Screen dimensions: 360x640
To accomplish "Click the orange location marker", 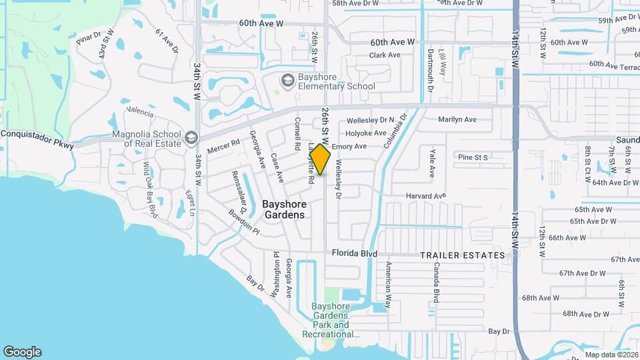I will tap(320, 160).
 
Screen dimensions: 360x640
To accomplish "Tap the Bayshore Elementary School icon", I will tap(288, 81).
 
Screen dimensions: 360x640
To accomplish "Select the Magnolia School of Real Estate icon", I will tap(191, 137).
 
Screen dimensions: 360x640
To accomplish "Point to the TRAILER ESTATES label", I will tap(462, 255).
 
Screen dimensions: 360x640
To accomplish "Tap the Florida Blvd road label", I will tap(355, 254).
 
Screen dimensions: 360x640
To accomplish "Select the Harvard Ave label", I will tap(426, 196).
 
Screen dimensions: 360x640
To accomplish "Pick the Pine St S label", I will tap(473, 157).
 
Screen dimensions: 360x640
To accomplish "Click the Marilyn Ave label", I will tap(457, 119).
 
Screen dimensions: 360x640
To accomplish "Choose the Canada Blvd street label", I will tap(437, 282).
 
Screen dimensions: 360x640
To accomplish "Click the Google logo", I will tap(22, 352).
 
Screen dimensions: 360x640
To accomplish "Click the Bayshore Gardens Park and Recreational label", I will tap(331, 320).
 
